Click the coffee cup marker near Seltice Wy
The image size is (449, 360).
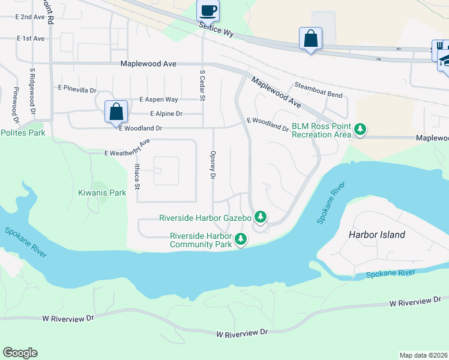(x=208, y=11)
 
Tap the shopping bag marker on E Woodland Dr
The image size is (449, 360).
(x=115, y=112)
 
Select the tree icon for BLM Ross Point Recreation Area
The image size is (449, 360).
(x=360, y=129)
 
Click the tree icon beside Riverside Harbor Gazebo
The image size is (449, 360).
(x=260, y=217)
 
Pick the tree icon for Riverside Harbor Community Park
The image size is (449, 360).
(x=241, y=239)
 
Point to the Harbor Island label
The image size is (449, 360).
(x=376, y=235)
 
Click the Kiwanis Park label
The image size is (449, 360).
(x=102, y=193)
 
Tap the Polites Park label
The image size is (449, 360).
(x=23, y=132)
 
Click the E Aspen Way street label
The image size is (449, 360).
(x=158, y=100)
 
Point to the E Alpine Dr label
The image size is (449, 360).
(x=166, y=113)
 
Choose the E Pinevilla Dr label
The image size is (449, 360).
(x=77, y=89)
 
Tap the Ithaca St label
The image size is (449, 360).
(x=137, y=176)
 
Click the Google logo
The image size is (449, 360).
(x=20, y=353)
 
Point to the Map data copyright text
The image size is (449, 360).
(x=424, y=355)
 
